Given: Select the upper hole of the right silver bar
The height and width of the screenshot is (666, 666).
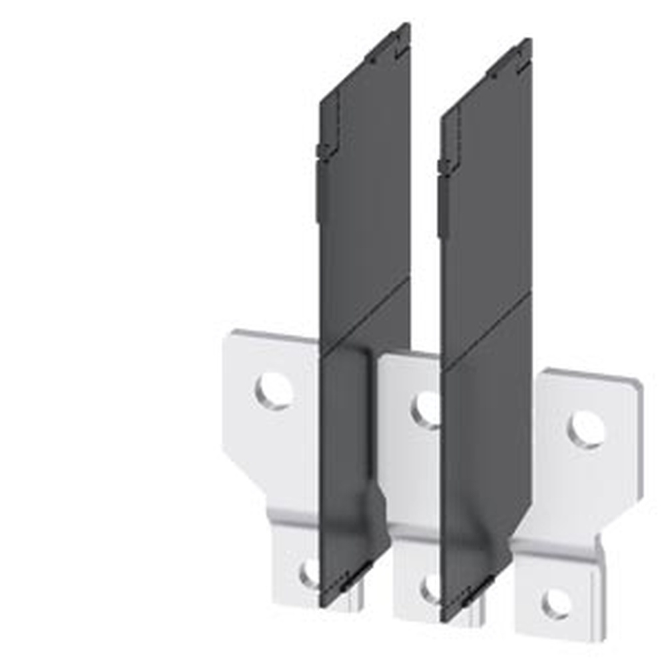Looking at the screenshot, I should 587,430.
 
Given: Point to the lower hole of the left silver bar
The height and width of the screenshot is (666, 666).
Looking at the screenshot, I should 310,573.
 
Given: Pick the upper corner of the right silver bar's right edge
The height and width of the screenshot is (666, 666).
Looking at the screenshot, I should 641,382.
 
